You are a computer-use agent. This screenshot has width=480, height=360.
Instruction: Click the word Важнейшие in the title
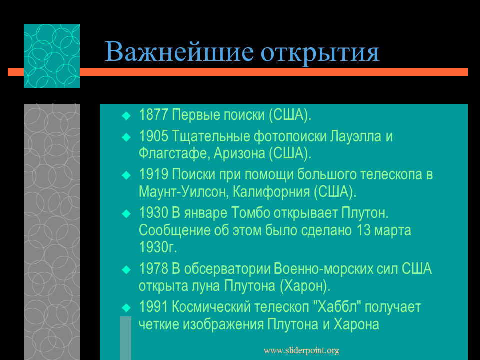tap(179, 51)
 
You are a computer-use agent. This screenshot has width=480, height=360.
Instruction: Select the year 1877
tap(153, 115)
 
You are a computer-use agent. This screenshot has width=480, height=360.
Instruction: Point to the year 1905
tap(153, 136)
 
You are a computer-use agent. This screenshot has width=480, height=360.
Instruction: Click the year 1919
tap(153, 174)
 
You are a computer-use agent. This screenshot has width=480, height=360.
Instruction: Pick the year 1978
tap(153, 269)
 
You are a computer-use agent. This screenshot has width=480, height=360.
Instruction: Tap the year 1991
tap(153, 307)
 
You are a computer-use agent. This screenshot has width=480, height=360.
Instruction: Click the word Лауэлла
tap(355, 137)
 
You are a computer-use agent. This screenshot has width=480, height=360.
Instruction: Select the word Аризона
tap(239, 153)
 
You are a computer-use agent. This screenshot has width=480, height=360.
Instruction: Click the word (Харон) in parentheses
tap(305, 286)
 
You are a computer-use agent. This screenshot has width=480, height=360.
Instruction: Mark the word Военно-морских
tap(323, 269)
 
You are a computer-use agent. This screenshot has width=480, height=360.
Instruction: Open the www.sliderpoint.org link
tap(301, 350)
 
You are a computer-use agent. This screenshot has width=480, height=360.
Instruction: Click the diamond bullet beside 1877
tap(126, 116)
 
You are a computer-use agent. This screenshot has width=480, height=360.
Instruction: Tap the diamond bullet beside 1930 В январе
tap(126, 213)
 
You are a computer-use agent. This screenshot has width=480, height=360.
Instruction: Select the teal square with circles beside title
tap(52, 56)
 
